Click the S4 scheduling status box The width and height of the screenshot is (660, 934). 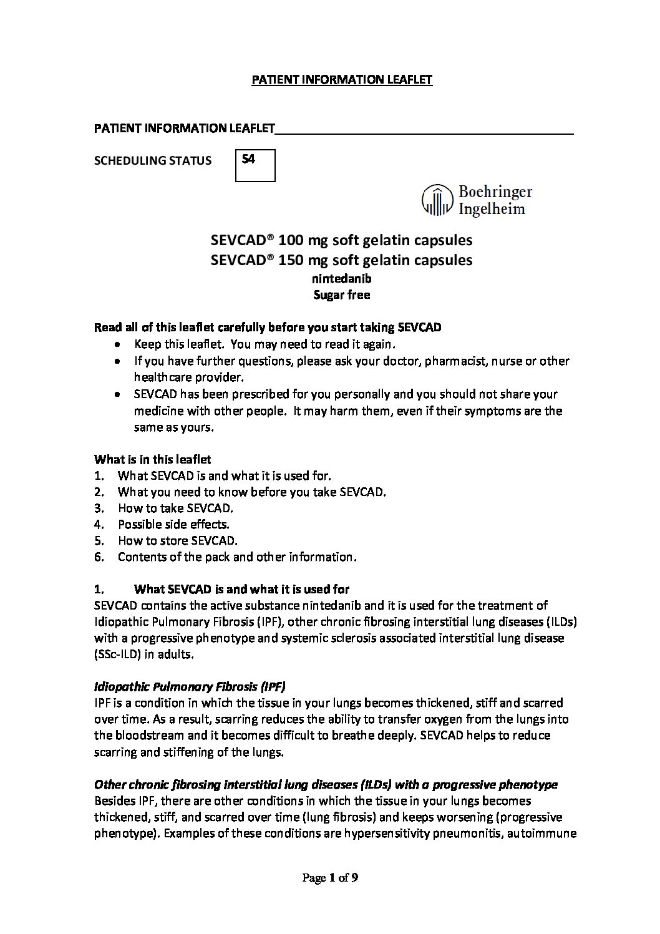pos(255,165)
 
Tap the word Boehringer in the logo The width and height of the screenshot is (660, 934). pos(495,192)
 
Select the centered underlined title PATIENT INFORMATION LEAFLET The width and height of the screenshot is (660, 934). pos(341,80)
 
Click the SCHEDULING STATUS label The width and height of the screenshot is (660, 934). pos(152,161)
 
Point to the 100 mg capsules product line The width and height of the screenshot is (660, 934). pos(341,240)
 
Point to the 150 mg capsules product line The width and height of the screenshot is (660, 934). pos(341,260)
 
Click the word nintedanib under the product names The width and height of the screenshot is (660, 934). pos(341,279)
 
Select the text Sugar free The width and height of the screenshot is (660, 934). pos(341,295)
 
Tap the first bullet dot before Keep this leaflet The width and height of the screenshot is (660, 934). pos(119,344)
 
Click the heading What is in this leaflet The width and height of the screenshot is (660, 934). pos(152,459)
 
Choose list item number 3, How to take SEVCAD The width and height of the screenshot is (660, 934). pos(175,508)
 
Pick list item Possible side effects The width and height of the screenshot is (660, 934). pos(173,524)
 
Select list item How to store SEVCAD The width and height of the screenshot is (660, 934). pos(177,540)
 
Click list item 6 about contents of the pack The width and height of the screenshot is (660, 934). pos(237,557)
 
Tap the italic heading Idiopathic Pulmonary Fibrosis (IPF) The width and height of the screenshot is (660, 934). pos(190,686)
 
